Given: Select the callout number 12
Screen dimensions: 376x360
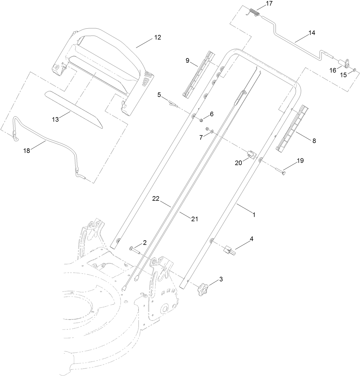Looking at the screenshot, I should [x=158, y=37].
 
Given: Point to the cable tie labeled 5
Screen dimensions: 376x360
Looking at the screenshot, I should [x=173, y=104].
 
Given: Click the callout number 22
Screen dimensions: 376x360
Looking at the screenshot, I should [x=156, y=199].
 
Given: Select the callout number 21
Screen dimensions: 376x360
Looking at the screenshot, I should [x=195, y=219].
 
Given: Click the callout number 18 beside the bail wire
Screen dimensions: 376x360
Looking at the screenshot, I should [x=27, y=151].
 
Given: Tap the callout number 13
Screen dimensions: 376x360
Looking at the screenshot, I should [x=55, y=119].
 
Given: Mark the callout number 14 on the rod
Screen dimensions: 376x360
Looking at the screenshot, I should [x=312, y=33].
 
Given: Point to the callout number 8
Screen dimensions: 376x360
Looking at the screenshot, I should [x=314, y=141].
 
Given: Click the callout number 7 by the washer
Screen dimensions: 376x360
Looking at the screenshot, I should [x=201, y=137].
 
